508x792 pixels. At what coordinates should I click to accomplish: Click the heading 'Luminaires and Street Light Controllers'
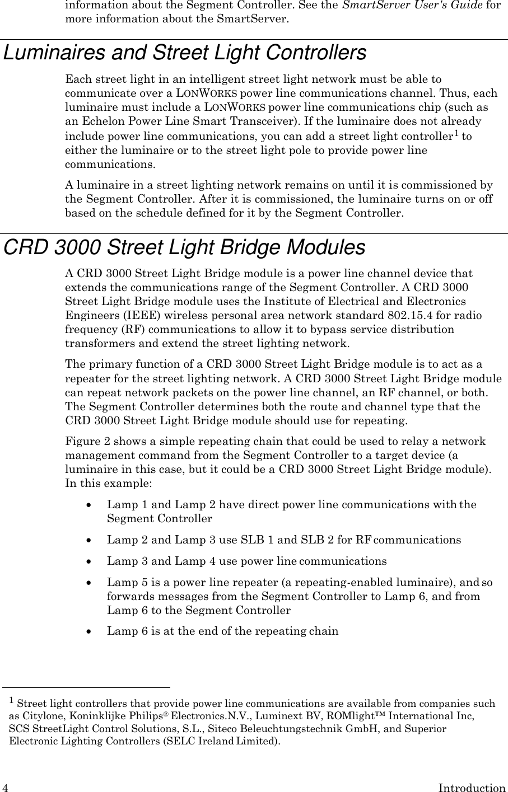185,53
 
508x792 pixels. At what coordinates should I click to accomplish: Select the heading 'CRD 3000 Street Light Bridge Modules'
184,247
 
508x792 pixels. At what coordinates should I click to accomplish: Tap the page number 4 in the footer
4,788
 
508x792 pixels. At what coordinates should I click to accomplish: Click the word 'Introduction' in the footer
472,788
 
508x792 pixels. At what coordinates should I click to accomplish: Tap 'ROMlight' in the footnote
363,716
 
